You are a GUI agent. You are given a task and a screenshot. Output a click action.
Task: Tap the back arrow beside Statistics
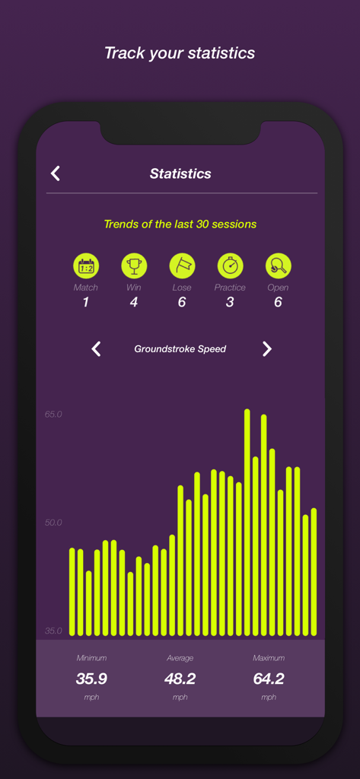[56, 173]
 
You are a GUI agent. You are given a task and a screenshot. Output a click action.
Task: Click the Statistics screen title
[180, 173]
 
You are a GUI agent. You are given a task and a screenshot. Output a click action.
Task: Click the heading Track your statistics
[180, 53]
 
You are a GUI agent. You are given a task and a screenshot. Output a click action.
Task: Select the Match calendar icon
[86, 265]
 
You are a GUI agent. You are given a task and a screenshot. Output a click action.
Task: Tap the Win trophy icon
[134, 265]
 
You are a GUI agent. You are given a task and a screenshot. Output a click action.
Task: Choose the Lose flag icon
[182, 265]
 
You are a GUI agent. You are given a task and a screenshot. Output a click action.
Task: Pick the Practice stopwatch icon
[230, 265]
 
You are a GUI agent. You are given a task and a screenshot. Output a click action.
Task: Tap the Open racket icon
[278, 265]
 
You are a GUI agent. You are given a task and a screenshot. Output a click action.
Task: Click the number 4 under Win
[134, 302]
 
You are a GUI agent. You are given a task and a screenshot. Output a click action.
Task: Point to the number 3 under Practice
[230, 302]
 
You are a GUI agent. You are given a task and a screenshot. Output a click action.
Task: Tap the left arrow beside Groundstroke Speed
[96, 348]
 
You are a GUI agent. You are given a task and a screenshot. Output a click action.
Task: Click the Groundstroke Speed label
[180, 349]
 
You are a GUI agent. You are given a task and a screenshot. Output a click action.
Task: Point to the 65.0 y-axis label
[53, 415]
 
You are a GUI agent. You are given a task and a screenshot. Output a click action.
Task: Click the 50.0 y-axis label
[53, 523]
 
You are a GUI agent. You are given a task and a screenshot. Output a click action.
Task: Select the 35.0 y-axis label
[53, 631]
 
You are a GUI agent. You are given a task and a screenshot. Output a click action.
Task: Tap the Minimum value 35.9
[91, 679]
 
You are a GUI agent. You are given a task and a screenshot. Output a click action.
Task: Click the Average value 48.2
[180, 679]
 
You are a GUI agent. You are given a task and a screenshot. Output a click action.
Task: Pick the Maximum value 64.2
[269, 679]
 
